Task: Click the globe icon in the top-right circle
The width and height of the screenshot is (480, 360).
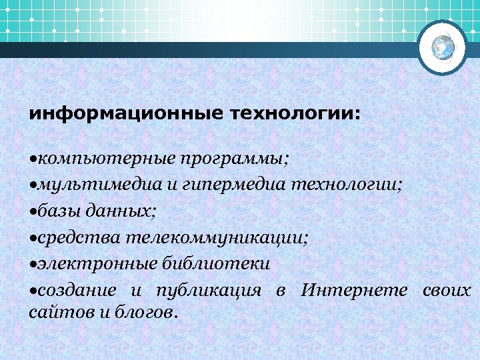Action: coord(443,47)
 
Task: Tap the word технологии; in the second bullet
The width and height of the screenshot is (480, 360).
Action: coord(346,185)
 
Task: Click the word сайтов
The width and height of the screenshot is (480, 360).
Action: coord(53,311)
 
